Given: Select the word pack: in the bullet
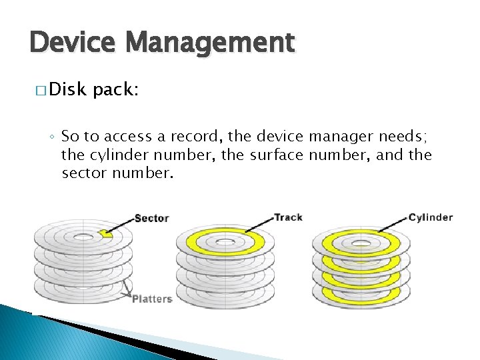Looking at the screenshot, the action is (x=116, y=89).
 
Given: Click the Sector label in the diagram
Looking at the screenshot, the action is (x=151, y=218).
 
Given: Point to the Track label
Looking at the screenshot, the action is (x=288, y=217).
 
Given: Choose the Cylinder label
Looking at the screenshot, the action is (x=430, y=217).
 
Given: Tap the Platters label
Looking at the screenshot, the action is (x=152, y=299).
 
